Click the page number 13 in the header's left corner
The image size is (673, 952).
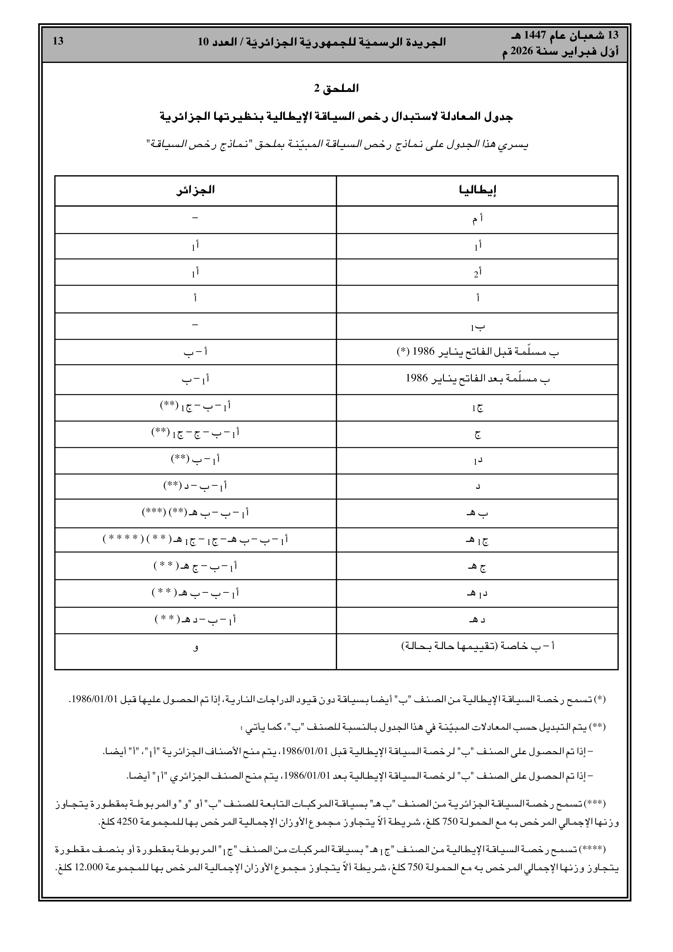point(58,41)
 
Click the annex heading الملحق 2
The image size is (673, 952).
point(336,88)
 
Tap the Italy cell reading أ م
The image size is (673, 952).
point(477,220)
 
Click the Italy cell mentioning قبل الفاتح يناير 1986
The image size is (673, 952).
point(478,352)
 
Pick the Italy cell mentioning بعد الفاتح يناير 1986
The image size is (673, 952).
point(478,378)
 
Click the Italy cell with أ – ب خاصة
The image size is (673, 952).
point(478,646)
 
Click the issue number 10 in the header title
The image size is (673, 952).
point(203,41)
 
